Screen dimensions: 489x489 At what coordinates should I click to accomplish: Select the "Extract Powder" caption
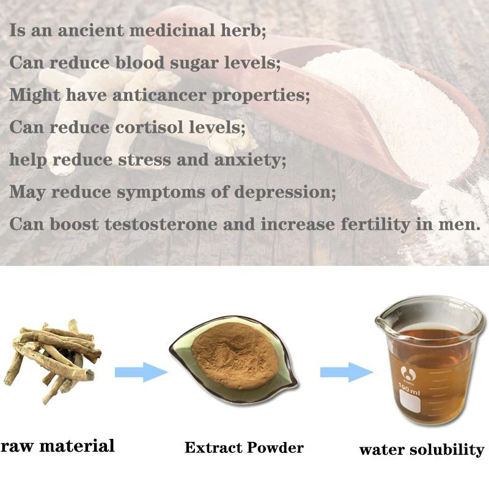click(x=244, y=447)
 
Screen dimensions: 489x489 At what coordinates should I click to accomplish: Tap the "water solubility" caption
click(x=421, y=450)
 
